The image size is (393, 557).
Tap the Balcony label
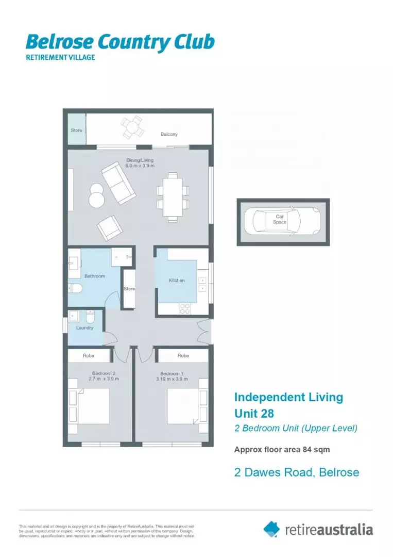coord(169,134)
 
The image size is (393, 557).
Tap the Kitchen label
coord(177,280)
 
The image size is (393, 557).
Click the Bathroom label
coord(95,276)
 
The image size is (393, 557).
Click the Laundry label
coord(84,327)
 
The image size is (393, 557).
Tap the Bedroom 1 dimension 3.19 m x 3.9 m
coord(172,379)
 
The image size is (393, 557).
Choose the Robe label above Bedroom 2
coord(89,355)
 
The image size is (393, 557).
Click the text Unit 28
coord(254,413)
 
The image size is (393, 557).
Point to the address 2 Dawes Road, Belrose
coord(297,472)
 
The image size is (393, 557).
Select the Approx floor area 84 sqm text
coord(282,449)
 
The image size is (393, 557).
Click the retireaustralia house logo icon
coord(272,529)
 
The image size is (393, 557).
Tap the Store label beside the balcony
coord(76,130)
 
